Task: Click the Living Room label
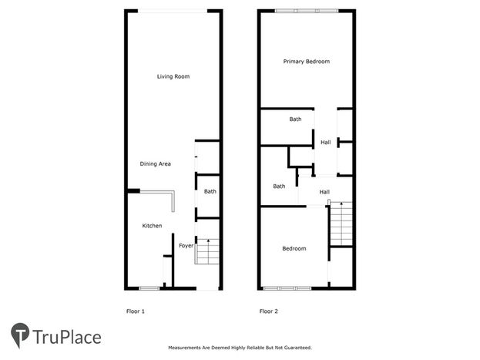pos(173,76)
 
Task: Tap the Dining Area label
pos(155,164)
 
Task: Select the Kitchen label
pos(152,226)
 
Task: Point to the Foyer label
pos(186,246)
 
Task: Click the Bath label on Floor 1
pos(210,191)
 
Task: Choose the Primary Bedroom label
pos(307,62)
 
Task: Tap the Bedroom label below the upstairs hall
pos(294,248)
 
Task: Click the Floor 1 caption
pos(136,311)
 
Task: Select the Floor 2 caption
pos(268,311)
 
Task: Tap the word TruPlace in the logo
pos(67,338)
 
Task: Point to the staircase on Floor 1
pos(207,251)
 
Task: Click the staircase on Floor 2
pos(341,224)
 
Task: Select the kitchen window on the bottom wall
pos(149,288)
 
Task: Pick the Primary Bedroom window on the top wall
pos(307,11)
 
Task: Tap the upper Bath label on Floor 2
pos(295,119)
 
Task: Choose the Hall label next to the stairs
pos(324,192)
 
